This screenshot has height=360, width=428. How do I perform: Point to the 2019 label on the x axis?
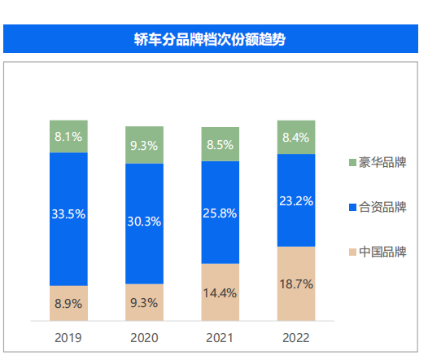(x=68, y=336)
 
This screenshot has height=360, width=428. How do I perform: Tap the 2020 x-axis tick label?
(x=144, y=336)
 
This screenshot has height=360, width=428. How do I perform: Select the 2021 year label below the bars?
(x=220, y=336)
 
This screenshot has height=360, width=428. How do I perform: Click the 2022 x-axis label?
(x=295, y=336)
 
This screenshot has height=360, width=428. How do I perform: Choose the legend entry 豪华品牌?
(x=377, y=162)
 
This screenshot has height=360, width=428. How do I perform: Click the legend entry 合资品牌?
(x=377, y=207)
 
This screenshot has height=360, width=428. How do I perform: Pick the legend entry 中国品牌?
(x=377, y=252)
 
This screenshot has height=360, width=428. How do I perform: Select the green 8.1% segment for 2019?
(x=68, y=136)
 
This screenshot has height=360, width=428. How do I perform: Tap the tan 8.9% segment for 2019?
(x=68, y=303)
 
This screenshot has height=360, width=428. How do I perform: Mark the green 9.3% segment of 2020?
(x=144, y=145)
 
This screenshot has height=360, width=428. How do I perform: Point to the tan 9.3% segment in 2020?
(x=144, y=302)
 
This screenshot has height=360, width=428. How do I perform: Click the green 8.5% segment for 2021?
(x=220, y=144)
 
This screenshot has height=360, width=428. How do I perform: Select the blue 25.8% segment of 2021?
(x=220, y=212)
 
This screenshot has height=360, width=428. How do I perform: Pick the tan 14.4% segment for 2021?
(x=220, y=292)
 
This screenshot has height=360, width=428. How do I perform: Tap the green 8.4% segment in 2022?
(x=295, y=137)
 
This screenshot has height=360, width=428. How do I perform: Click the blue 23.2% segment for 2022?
(x=295, y=200)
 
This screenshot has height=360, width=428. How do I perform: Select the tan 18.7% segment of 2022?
(x=295, y=283)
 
